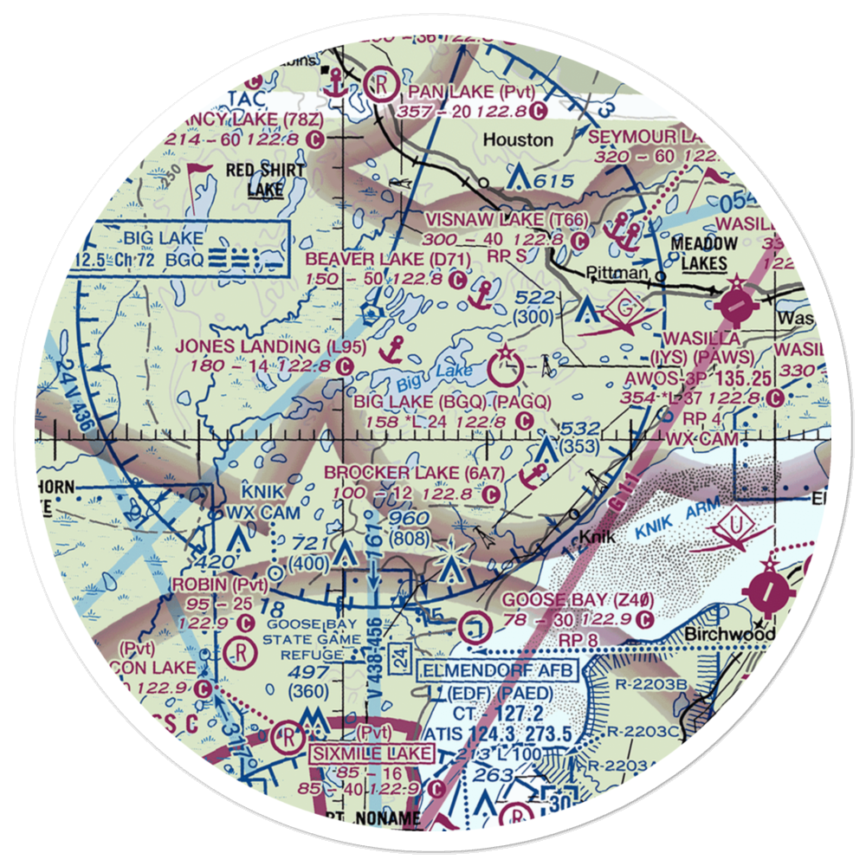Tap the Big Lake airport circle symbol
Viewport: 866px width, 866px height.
[x=503, y=367]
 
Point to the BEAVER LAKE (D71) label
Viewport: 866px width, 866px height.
[x=376, y=259]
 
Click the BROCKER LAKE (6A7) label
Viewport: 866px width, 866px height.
[x=413, y=474]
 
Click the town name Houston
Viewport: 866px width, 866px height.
[x=518, y=139]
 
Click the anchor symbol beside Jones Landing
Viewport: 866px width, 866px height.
[x=394, y=349]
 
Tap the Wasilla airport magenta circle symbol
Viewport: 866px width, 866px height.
[x=734, y=304]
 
